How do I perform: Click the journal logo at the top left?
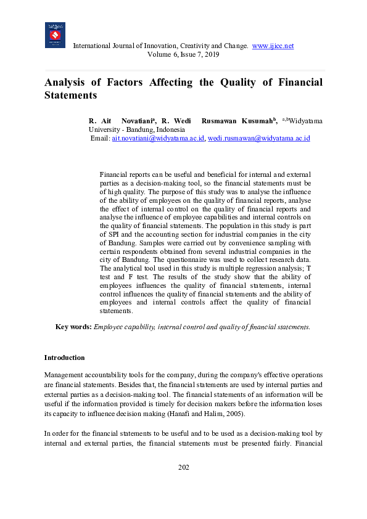point(55,35)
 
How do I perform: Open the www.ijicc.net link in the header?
point(273,46)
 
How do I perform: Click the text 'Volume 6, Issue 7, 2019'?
point(183,54)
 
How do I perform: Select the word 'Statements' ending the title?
point(71,96)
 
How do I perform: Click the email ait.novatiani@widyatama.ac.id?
point(158,139)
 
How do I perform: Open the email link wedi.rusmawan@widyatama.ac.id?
point(258,139)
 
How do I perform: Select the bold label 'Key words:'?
point(73,327)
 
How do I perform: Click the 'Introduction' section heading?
point(64,358)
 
